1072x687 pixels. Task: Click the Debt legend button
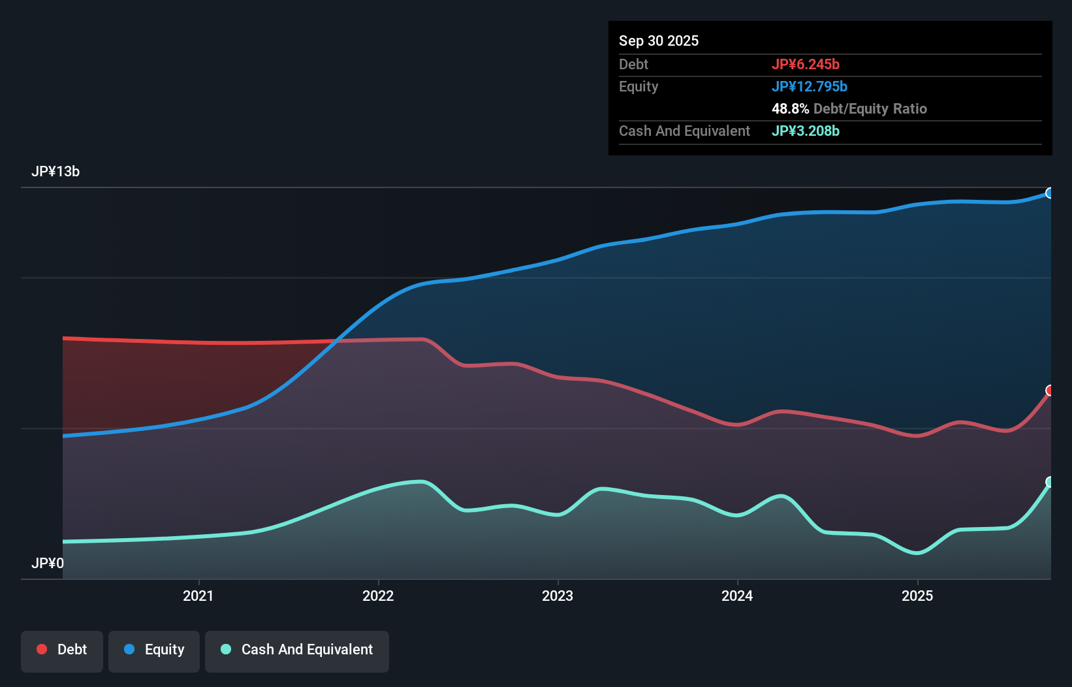62,650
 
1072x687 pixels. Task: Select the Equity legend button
154,650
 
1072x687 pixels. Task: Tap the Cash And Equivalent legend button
297,650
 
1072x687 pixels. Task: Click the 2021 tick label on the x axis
198,596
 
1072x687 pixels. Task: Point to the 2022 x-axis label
378,596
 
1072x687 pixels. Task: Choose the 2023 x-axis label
558,596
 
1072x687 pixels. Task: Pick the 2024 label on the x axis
737,596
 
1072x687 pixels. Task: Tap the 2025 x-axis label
917,596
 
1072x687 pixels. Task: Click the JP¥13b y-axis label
55,172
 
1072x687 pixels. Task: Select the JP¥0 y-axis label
48,563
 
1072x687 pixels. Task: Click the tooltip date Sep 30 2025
659,41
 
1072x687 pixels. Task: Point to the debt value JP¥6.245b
806,65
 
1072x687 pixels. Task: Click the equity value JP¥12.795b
810,87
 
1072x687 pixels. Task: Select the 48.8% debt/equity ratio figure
790,109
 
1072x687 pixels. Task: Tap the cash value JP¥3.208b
806,131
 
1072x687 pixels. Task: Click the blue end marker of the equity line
1050,193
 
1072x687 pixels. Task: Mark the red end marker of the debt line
1050,391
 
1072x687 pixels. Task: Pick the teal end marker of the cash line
1050,482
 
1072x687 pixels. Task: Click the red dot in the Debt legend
42,649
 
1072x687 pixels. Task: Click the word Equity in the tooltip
638,87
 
